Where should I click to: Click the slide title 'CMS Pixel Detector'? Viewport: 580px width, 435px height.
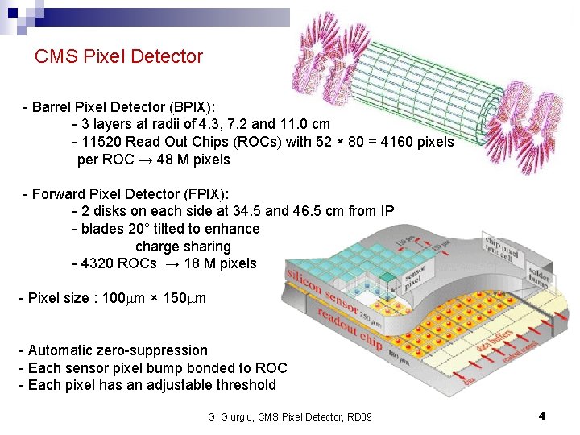click(118, 56)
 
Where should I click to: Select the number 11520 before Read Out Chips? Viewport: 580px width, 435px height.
click(101, 142)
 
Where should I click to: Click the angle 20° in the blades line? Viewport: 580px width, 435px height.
click(138, 229)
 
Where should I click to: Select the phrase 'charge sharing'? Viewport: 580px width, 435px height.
click(183, 246)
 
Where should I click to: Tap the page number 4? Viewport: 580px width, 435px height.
click(542, 416)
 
